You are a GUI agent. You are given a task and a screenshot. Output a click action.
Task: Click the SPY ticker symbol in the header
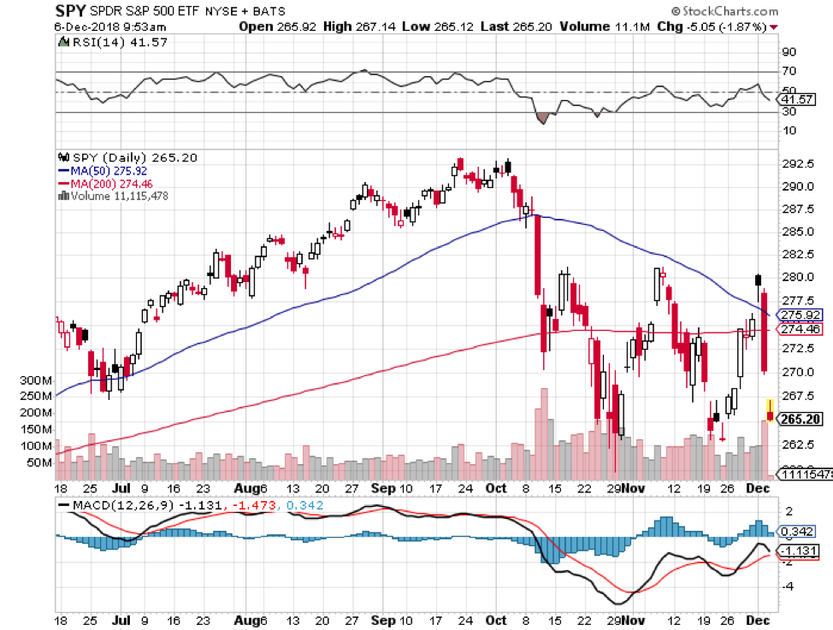tap(72, 11)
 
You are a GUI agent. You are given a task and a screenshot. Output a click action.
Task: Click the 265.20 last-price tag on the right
tap(802, 420)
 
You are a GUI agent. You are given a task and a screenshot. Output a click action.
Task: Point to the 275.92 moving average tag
tap(802, 315)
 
